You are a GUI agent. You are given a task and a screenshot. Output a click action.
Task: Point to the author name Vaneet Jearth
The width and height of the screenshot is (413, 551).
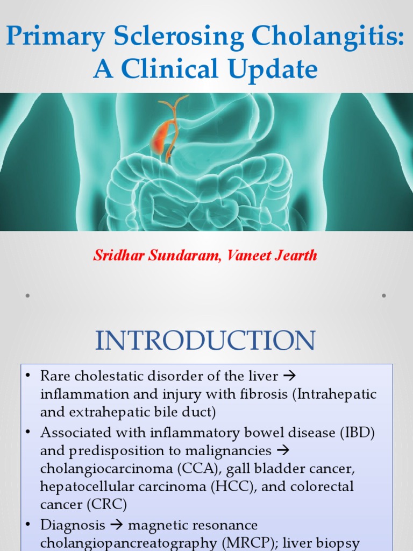click(x=272, y=256)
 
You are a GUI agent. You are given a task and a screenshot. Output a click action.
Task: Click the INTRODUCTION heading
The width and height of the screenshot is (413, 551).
click(x=205, y=341)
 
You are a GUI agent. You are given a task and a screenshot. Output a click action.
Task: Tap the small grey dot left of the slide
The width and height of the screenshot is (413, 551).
click(x=27, y=295)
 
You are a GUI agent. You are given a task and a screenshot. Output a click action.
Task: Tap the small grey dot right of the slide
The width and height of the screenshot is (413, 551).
click(x=384, y=295)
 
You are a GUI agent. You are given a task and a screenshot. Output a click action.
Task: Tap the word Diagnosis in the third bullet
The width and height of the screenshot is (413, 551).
click(x=72, y=524)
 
